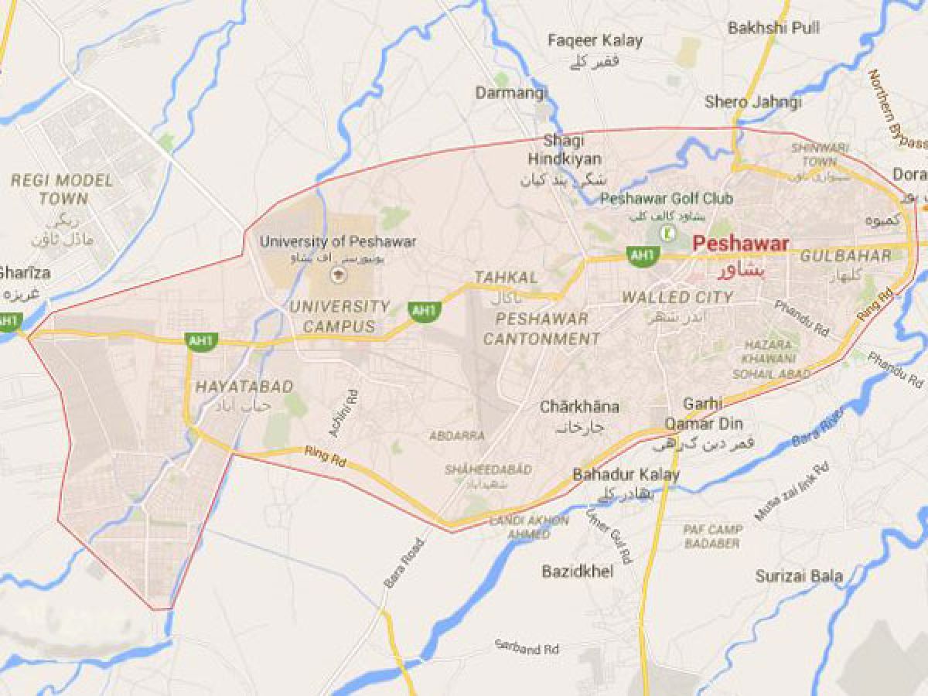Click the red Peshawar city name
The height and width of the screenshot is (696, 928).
click(x=741, y=244)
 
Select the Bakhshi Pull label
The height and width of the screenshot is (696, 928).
click(x=773, y=28)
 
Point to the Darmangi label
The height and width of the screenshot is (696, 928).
click(x=511, y=93)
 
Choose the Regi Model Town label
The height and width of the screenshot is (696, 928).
click(x=63, y=190)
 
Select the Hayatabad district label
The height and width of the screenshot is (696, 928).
click(x=234, y=386)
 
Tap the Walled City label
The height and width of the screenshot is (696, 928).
click(x=677, y=297)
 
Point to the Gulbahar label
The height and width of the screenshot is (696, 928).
click(x=845, y=256)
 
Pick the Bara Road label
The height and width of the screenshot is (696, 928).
click(x=404, y=562)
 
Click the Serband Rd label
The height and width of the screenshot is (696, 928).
click(x=528, y=647)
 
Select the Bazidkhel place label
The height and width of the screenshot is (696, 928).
click(x=577, y=571)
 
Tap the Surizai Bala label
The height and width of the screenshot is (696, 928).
click(x=799, y=576)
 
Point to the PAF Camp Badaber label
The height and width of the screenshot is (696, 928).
click(x=712, y=535)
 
